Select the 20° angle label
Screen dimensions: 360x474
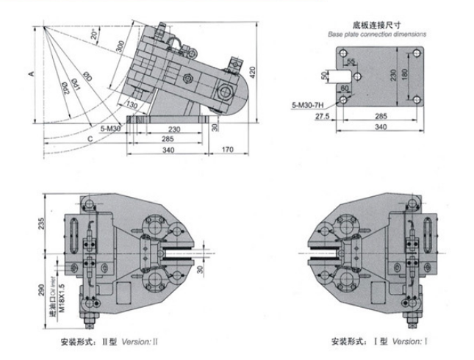pyautogui.click(x=93, y=34)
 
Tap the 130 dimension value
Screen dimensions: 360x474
pyautogui.click(x=132, y=105)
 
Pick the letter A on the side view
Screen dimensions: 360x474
pyautogui.click(x=31, y=74)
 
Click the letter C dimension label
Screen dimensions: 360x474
pyautogui.click(x=90, y=137)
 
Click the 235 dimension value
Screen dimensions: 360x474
pyautogui.click(x=43, y=222)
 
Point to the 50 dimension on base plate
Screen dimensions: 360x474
pyautogui.click(x=324, y=75)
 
